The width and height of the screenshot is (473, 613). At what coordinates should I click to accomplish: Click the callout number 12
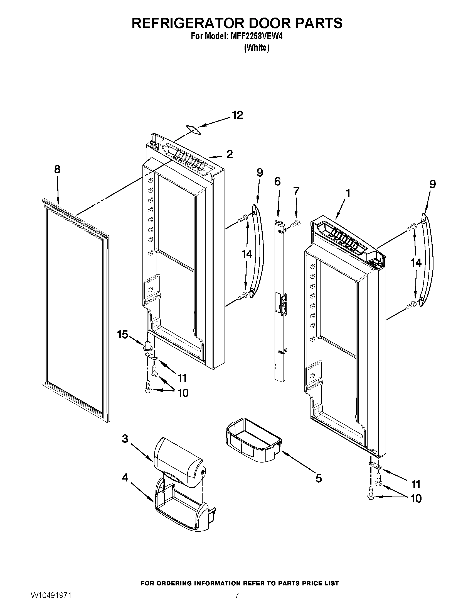(x=237, y=115)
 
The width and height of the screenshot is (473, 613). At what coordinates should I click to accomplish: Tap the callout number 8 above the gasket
(x=57, y=169)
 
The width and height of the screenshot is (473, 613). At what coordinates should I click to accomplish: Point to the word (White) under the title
(x=257, y=48)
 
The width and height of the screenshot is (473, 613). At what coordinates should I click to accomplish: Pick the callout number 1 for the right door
(x=348, y=193)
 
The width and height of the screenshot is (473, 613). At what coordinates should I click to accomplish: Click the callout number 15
(x=123, y=335)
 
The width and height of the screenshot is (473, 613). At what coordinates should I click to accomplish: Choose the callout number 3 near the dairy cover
(x=125, y=438)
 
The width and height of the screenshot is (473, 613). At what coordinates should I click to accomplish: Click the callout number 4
(x=125, y=477)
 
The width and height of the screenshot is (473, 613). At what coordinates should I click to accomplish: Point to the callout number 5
(x=319, y=478)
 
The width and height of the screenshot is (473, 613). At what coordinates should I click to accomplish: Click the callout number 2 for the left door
(x=230, y=154)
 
